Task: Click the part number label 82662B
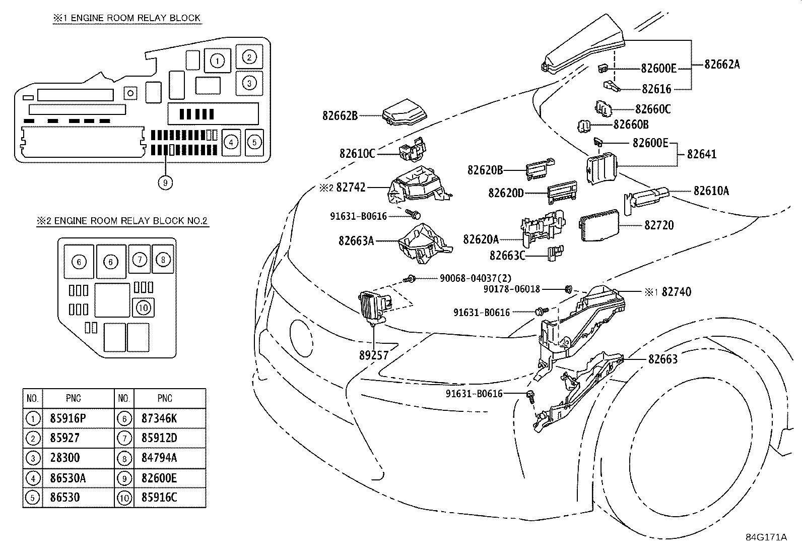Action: pyautogui.click(x=340, y=115)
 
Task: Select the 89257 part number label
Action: pyautogui.click(x=373, y=355)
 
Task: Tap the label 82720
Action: pyautogui.click(x=658, y=225)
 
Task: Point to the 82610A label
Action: pyautogui.click(x=711, y=191)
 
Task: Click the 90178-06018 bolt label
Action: pyautogui.click(x=511, y=289)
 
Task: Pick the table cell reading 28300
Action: pyautogui.click(x=65, y=458)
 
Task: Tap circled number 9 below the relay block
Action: pyautogui.click(x=165, y=182)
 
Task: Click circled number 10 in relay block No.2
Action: pyautogui.click(x=144, y=307)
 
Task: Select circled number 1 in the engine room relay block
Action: pyautogui.click(x=217, y=61)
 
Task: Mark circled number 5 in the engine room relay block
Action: pyautogui.click(x=254, y=142)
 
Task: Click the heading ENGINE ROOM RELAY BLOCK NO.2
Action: pyautogui.click(x=122, y=221)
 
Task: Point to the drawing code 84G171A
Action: pyautogui.click(x=766, y=537)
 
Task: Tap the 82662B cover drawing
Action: pyautogui.click(x=404, y=114)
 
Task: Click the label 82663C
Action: pyautogui.click(x=507, y=256)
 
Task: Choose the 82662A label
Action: pyautogui.click(x=722, y=64)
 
